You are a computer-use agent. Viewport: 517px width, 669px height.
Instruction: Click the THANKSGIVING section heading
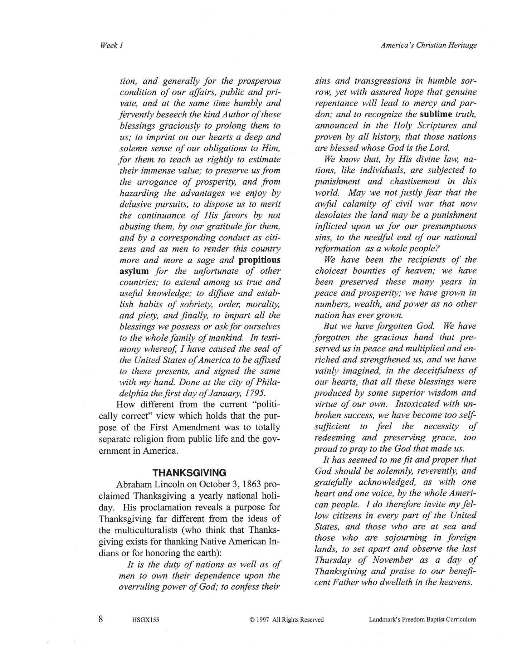click(x=189, y=473)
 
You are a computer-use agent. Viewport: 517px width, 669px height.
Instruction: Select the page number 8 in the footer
click(x=101, y=619)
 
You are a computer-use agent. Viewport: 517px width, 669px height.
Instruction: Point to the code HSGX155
click(x=143, y=620)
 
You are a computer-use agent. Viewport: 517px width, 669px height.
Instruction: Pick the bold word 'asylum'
click(x=134, y=271)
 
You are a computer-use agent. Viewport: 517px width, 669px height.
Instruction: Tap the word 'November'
click(x=392, y=560)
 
